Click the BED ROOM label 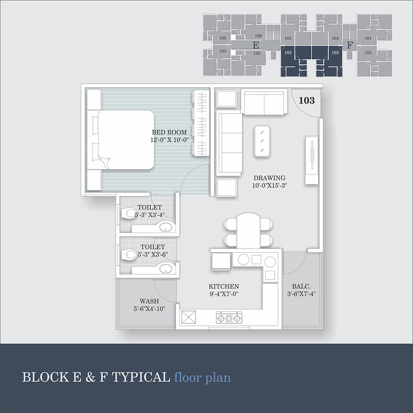169,132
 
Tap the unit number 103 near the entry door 306,100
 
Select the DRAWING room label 269,178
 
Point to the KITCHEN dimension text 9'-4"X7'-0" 224,294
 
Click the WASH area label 150,301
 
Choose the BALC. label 301,286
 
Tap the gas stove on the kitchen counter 229,318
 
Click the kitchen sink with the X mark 189,317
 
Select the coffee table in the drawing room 262,141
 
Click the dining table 248,231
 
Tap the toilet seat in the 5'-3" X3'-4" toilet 129,213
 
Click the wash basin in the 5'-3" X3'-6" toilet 166,268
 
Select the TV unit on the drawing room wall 311,160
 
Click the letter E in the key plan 256,45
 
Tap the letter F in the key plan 350,45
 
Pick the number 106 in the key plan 258,36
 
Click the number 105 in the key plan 223,38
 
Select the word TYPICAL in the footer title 141,377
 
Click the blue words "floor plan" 202,377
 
